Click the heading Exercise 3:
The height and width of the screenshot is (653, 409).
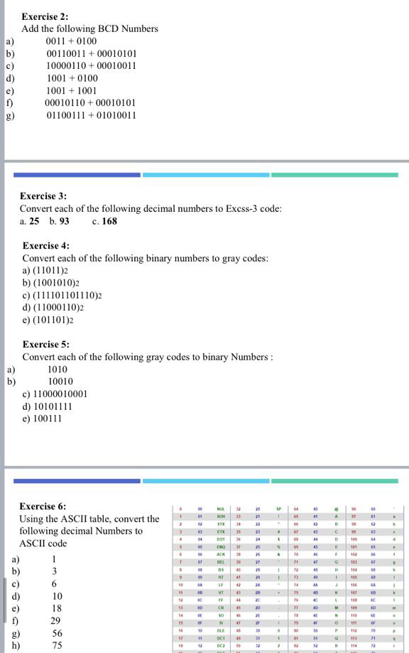[x=43, y=195]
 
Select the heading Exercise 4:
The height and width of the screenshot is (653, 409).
[x=46, y=245]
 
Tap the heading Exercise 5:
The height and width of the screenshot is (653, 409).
[x=46, y=344]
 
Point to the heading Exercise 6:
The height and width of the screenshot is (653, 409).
[x=43, y=506]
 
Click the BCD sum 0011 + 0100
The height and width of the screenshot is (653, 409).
[x=71, y=41]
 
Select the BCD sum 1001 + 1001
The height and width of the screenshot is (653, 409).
[x=71, y=90]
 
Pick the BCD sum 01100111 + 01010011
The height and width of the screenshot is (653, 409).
[x=91, y=115]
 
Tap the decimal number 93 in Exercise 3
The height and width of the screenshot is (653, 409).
[x=64, y=221]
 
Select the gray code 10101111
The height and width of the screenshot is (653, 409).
[x=55, y=406]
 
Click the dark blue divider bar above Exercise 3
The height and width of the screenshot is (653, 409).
[x=77, y=174]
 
